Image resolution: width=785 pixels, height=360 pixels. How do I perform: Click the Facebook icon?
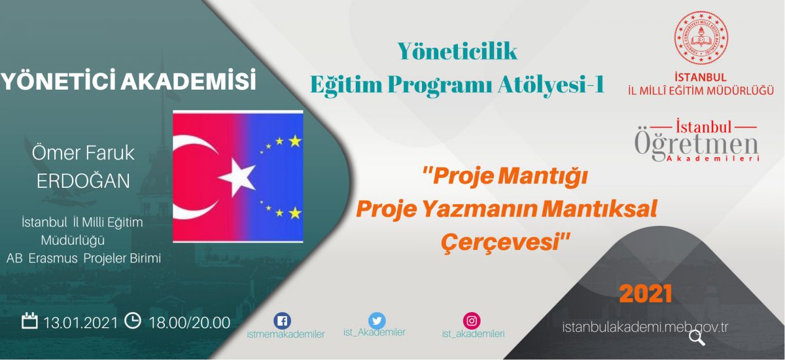[x=282, y=321]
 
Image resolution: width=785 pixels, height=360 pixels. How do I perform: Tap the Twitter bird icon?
[x=377, y=320]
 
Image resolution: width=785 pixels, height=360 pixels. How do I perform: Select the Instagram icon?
[x=472, y=321]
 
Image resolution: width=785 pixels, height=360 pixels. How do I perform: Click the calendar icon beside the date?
[x=29, y=320]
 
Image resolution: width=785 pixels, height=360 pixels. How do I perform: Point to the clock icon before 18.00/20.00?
[x=133, y=320]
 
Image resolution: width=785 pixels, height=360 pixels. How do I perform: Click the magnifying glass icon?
[x=697, y=338]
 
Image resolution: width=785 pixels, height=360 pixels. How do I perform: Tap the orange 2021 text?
[x=646, y=293]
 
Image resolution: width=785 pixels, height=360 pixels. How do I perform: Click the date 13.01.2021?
[x=80, y=323]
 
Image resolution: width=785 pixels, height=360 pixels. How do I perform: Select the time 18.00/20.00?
[x=190, y=323]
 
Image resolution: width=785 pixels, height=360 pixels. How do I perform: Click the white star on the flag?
[x=237, y=177]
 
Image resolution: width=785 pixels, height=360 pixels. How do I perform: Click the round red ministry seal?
[x=701, y=37]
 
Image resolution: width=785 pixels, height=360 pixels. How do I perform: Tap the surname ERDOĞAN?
[x=83, y=181]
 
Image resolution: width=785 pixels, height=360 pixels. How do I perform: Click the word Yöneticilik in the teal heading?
[x=457, y=51]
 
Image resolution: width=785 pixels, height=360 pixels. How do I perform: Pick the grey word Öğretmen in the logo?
[x=696, y=145]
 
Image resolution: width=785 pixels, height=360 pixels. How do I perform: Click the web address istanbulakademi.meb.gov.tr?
[x=645, y=327]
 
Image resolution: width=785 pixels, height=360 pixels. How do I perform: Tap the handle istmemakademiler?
[x=286, y=334]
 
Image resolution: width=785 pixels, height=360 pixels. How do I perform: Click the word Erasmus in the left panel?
[x=53, y=259]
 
